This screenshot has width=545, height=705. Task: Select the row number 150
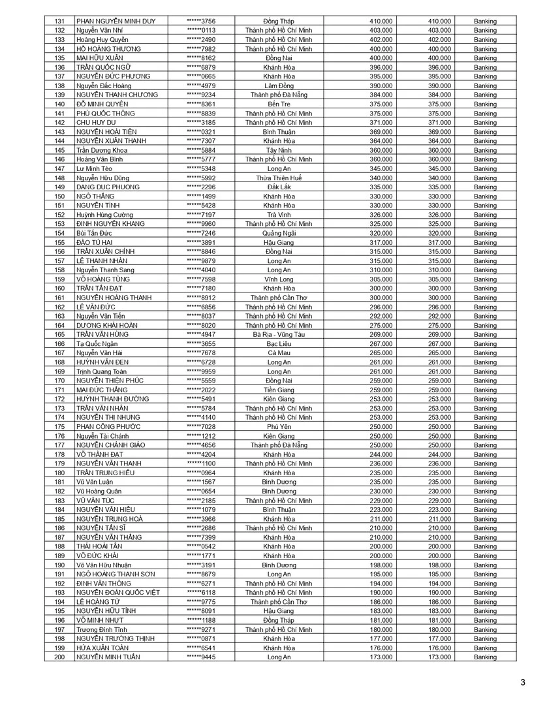tap(60, 196)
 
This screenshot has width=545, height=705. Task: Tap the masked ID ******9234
tap(201, 95)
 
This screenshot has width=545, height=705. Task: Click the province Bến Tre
tap(279, 104)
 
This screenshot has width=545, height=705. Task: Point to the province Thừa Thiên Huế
tap(279, 178)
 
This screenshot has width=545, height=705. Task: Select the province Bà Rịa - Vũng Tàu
tap(279, 335)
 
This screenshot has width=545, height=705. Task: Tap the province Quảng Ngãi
tap(279, 234)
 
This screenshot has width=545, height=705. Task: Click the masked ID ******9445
tap(201, 657)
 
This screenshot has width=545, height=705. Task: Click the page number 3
tap(523, 683)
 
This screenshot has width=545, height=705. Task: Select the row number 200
tap(60, 657)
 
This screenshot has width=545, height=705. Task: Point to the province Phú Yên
tap(279, 427)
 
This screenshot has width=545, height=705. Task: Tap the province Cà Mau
tap(279, 353)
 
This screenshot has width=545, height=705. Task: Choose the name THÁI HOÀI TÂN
tap(100, 546)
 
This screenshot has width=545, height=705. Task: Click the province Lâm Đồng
tap(279, 86)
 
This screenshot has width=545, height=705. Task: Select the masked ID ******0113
tap(201, 31)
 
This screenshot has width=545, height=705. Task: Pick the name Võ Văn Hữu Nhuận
tap(104, 565)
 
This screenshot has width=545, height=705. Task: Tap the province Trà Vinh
tap(279, 215)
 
